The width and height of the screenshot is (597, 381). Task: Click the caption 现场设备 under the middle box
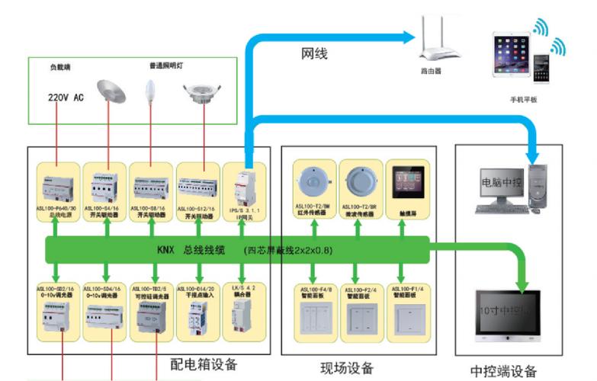tap(348, 368)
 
